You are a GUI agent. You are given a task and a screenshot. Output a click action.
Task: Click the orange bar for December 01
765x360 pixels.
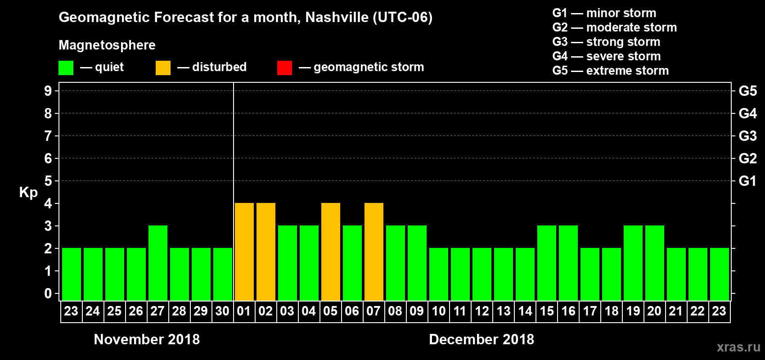click(x=244, y=252)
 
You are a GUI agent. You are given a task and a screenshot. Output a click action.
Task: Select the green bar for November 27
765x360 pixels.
click(x=158, y=263)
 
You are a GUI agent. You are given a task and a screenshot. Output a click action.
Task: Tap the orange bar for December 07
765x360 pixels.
click(x=374, y=252)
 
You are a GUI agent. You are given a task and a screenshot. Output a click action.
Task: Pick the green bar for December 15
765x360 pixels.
click(x=547, y=263)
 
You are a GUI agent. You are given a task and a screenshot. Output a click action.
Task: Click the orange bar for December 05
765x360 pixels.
click(x=331, y=252)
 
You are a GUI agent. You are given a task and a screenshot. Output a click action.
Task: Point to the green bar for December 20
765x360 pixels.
click(x=655, y=263)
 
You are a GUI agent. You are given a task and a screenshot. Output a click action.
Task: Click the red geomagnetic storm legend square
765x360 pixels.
click(x=284, y=68)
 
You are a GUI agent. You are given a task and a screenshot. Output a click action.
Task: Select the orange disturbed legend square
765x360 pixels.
click(x=163, y=68)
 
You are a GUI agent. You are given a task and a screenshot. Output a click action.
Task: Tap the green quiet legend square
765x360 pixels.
click(x=66, y=68)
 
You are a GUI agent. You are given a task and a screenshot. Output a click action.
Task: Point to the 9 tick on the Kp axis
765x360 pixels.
click(x=48, y=91)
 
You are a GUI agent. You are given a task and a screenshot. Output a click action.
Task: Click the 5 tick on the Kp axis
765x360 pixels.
click(x=48, y=181)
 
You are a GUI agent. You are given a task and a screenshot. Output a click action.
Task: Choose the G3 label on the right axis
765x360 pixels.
click(x=747, y=136)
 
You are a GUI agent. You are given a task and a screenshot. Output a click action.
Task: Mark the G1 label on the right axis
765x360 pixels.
click(x=747, y=181)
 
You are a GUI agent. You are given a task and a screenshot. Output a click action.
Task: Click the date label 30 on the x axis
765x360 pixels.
click(x=222, y=311)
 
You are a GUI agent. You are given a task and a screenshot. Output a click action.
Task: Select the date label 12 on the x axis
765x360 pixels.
click(x=482, y=311)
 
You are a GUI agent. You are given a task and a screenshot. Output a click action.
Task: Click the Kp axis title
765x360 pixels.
click(x=28, y=193)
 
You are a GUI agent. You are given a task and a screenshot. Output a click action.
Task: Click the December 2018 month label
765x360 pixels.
click(x=481, y=339)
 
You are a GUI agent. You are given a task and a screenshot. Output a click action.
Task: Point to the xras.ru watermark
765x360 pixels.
click(x=738, y=347)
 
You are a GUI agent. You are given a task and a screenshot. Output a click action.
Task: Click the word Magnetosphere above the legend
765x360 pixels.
click(x=107, y=45)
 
